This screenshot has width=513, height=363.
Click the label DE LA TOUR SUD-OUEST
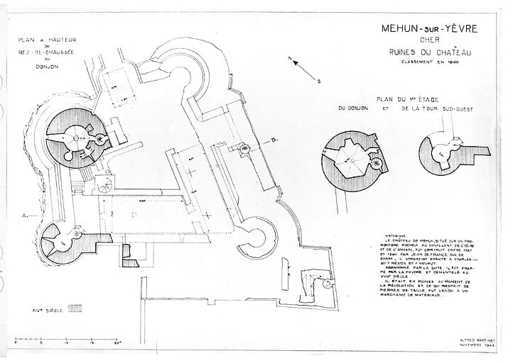tap(437, 109)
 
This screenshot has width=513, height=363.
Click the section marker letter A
tap(25, 213)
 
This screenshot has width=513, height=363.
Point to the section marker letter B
tap(274, 140)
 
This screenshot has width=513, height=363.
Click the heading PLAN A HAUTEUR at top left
tap(48, 40)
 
